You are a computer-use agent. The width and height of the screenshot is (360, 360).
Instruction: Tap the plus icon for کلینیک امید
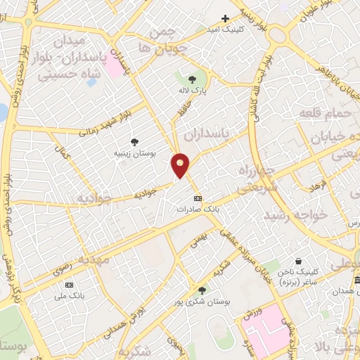pos(225,18)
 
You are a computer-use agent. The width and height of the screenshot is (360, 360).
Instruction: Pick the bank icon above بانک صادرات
pos(198,198)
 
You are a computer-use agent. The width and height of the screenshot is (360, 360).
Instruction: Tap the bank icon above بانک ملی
pos(69,285)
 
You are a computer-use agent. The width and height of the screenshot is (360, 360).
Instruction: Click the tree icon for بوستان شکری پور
pos(202,290)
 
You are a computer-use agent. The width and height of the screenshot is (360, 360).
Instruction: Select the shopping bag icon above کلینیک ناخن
pos(299,260)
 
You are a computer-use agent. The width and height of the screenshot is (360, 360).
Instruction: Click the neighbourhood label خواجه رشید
pos(295,214)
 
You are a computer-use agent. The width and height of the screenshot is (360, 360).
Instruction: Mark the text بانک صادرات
pos(199,209)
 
